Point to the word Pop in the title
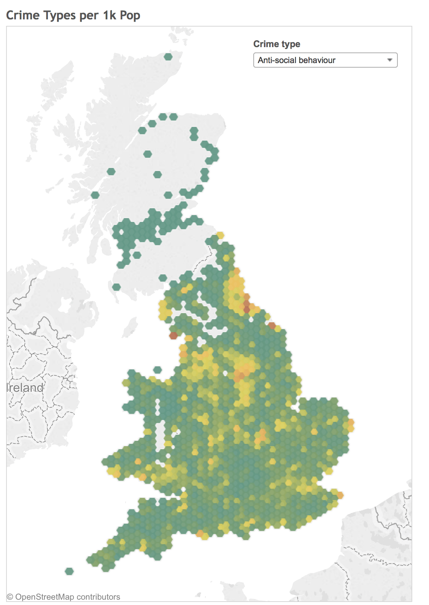click(130, 15)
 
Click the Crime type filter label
click(276, 44)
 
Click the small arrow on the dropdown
click(389, 60)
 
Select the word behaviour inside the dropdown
click(317, 60)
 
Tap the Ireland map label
click(25, 388)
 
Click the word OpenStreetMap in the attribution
click(44, 597)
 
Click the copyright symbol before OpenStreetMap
click(10, 597)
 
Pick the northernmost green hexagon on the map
click(168, 57)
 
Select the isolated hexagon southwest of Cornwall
click(69, 571)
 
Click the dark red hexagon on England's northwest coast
click(173, 336)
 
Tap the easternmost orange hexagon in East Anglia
click(351, 422)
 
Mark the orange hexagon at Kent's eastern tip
click(340, 495)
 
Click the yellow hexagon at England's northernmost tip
click(220, 236)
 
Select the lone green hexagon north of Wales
click(157, 370)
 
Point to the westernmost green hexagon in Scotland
click(95, 195)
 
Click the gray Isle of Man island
click(131, 327)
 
